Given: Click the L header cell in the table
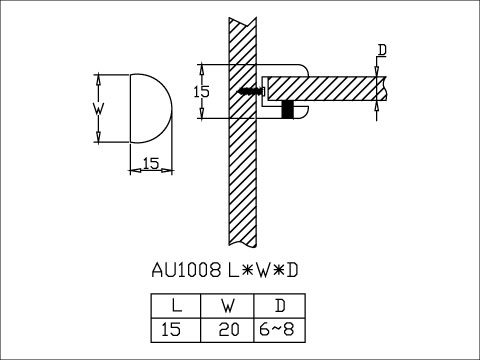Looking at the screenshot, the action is click(176, 306).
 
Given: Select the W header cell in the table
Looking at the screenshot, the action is click(227, 306).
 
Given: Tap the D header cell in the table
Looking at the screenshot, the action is click(280, 306).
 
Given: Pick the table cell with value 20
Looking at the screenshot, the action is click(227, 330).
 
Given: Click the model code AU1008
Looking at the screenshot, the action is click(186, 270).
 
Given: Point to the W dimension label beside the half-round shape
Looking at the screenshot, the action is click(98, 109).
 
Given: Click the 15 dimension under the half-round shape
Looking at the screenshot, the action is click(151, 164).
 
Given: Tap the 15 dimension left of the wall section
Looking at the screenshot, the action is click(202, 91).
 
